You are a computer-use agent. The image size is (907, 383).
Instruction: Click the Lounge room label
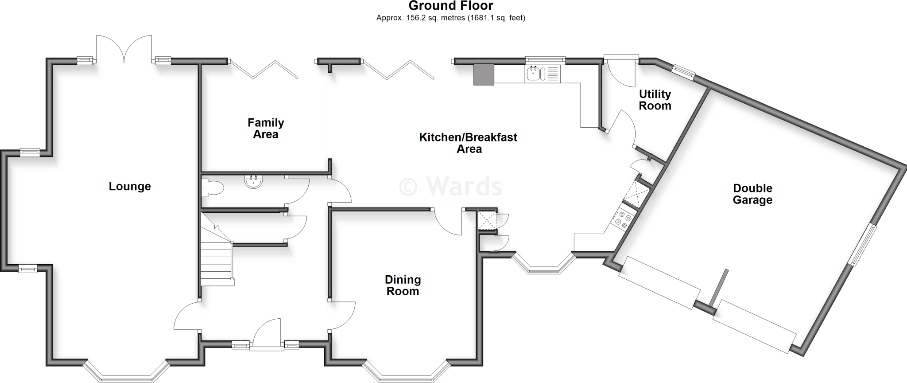[130, 187]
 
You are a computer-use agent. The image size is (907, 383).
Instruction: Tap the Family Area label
[266, 129]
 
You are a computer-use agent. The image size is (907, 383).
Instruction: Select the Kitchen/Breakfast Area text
[468, 143]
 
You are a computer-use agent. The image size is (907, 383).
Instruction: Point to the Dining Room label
[403, 285]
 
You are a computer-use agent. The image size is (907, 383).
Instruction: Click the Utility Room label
[655, 100]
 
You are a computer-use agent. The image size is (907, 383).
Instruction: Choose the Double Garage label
[752, 194]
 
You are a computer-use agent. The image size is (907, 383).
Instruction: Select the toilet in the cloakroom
[213, 188]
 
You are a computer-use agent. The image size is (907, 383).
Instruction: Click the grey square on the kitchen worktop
[484, 74]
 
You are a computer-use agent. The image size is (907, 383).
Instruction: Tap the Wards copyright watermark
[450, 186]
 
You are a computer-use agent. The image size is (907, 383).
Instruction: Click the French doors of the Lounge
[124, 50]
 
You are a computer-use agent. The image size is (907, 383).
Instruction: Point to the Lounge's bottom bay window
[126, 371]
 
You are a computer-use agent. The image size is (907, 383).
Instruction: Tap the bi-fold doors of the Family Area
[264, 69]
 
